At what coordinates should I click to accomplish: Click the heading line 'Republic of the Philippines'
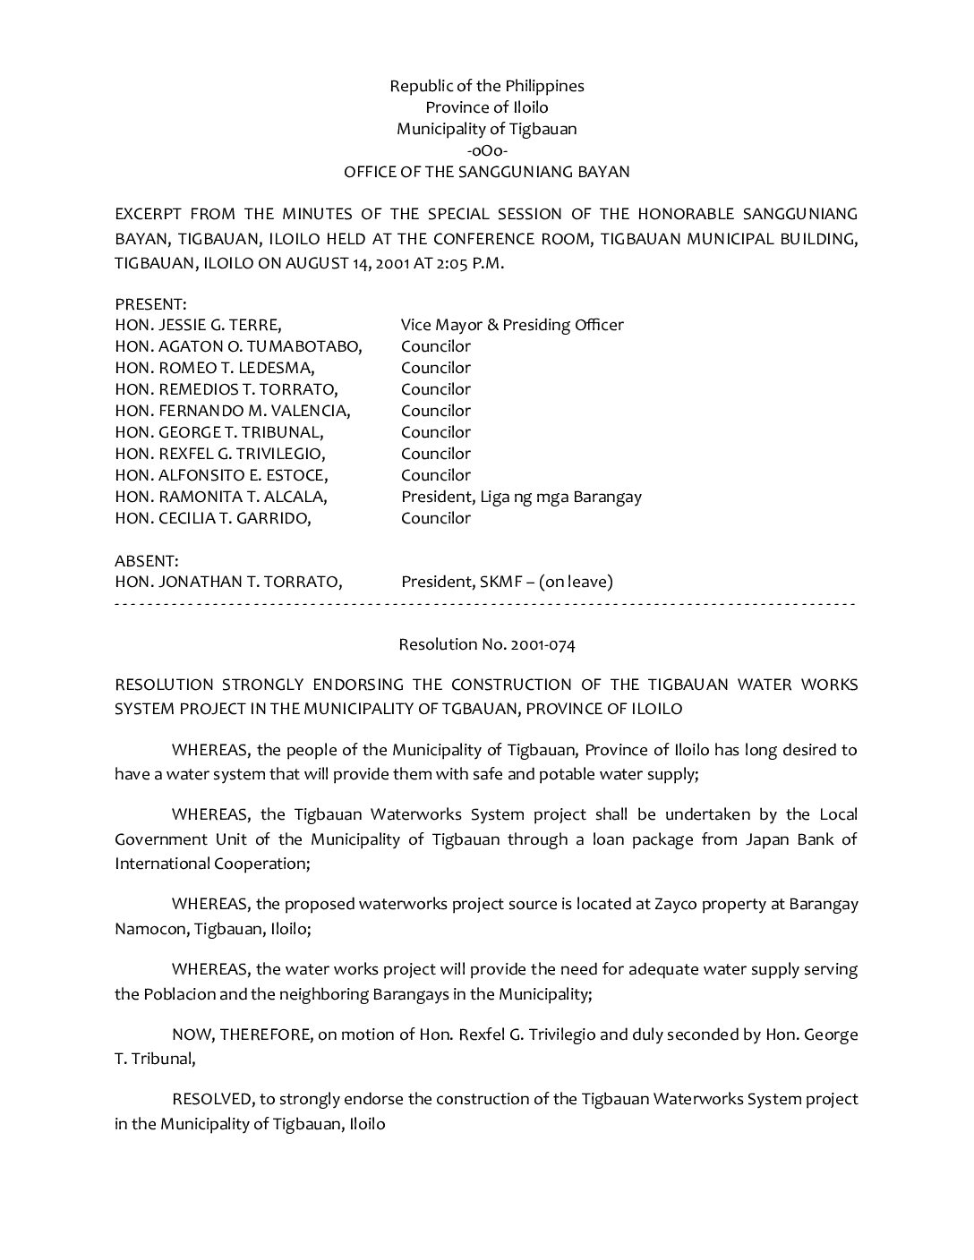click(486, 86)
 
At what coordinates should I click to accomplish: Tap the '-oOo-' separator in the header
click(487, 150)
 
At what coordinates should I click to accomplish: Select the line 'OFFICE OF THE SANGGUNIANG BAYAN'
click(487, 172)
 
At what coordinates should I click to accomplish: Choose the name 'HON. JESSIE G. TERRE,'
click(198, 325)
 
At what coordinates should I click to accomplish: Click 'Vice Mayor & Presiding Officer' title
click(512, 325)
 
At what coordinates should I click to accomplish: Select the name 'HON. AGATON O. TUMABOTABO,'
click(238, 346)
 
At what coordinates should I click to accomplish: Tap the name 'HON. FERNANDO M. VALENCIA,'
click(233, 411)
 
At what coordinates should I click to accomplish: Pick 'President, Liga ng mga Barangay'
click(521, 497)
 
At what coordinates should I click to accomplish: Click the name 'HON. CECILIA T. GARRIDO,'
click(213, 518)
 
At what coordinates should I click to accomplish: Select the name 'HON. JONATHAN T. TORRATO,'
click(228, 582)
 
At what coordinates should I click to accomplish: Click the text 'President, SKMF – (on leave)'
click(507, 582)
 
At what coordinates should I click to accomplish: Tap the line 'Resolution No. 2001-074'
click(487, 644)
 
